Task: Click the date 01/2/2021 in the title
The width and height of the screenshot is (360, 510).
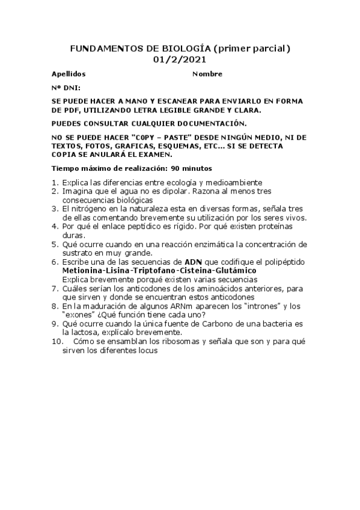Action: tap(180, 59)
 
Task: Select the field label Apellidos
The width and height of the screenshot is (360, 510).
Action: tap(69, 74)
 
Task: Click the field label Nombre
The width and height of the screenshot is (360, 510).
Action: tap(207, 74)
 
